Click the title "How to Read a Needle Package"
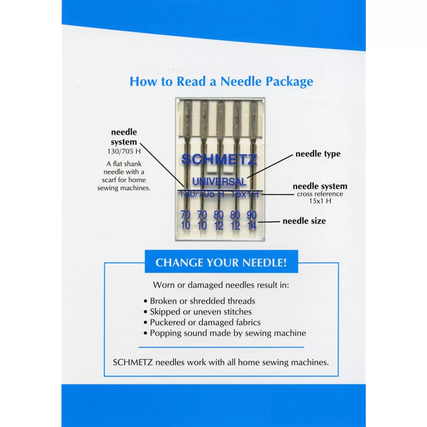[221, 81]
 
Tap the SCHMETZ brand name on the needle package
[219, 159]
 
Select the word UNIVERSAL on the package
[219, 181]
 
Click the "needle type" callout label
[318, 154]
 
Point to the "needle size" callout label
[304, 221]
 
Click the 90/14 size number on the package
[252, 220]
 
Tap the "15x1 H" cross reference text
[320, 201]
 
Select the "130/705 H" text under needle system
[124, 151]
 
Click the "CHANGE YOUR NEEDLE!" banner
[221, 263]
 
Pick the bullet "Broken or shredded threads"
[202, 301]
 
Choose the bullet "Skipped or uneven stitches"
[201, 312]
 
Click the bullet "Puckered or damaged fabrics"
[205, 322]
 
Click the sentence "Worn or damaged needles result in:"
[221, 285]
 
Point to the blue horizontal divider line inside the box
[221, 347]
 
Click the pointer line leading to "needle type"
[270, 165]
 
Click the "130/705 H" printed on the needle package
[202, 194]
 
